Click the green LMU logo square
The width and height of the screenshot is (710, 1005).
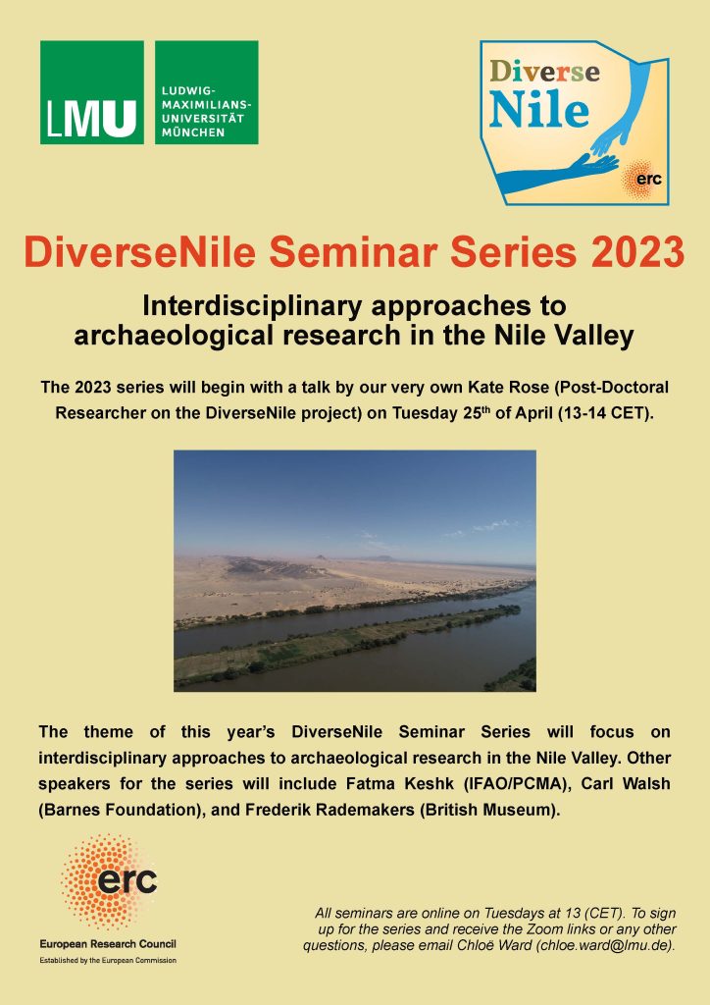[x=92, y=92]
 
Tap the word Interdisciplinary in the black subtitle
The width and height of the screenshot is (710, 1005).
[x=253, y=306]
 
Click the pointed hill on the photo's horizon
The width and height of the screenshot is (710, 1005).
[x=320, y=558]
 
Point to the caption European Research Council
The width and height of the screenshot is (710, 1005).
[x=108, y=943]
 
